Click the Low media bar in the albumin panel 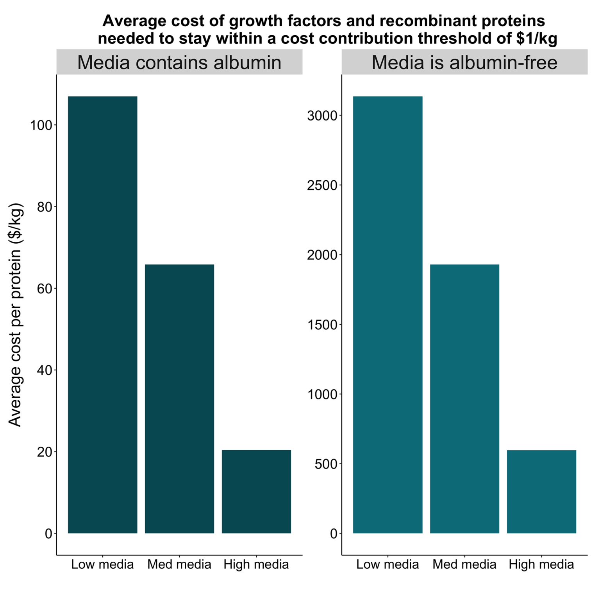[x=102, y=314]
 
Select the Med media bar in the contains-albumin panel [x=179, y=399]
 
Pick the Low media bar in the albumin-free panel [x=387, y=314]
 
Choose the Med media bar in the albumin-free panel [x=464, y=399]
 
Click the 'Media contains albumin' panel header [x=179, y=62]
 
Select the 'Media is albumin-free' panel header [x=464, y=62]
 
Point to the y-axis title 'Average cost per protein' [x=16, y=314]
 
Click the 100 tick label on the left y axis [x=41, y=126]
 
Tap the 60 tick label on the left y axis [x=45, y=289]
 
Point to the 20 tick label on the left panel [x=45, y=452]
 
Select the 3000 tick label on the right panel [x=322, y=116]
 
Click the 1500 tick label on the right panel [x=322, y=325]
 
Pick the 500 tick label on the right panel [x=325, y=464]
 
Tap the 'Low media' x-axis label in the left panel [x=102, y=564]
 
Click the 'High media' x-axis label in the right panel [x=541, y=564]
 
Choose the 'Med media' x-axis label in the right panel [x=464, y=564]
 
